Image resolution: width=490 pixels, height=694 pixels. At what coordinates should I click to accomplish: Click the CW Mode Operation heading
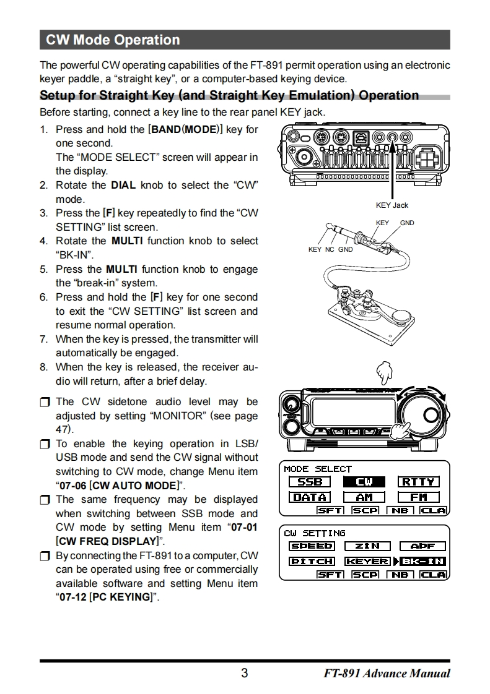(x=113, y=40)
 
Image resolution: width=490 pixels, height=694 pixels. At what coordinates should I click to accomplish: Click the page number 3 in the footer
(x=245, y=673)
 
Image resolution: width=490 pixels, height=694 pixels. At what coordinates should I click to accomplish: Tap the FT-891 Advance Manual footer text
(x=387, y=674)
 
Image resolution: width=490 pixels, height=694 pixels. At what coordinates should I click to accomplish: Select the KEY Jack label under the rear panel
(x=392, y=205)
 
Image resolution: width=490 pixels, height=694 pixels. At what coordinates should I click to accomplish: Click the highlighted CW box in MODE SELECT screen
(x=364, y=482)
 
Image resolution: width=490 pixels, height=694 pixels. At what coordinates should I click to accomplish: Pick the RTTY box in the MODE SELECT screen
(x=419, y=482)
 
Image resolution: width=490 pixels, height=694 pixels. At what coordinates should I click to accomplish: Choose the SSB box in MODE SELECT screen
(x=309, y=482)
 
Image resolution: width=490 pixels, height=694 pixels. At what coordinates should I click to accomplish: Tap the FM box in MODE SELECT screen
(x=419, y=497)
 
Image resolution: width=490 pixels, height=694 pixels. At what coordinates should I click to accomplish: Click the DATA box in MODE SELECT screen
(x=309, y=497)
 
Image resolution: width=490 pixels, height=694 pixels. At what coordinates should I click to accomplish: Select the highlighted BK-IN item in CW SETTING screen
(x=423, y=561)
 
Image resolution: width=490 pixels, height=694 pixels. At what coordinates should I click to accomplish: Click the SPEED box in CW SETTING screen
(x=312, y=546)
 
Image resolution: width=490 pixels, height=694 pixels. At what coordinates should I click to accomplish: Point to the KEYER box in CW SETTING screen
(x=367, y=561)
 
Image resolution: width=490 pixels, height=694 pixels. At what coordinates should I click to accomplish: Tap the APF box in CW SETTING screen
(x=422, y=546)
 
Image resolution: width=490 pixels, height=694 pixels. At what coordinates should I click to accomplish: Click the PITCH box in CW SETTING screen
(x=312, y=561)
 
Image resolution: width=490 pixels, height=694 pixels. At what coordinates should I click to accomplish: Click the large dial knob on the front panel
(x=422, y=413)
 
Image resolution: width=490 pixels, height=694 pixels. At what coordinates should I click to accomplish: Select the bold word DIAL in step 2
(x=123, y=185)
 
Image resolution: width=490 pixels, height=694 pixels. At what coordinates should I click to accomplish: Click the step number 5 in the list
(x=43, y=270)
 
